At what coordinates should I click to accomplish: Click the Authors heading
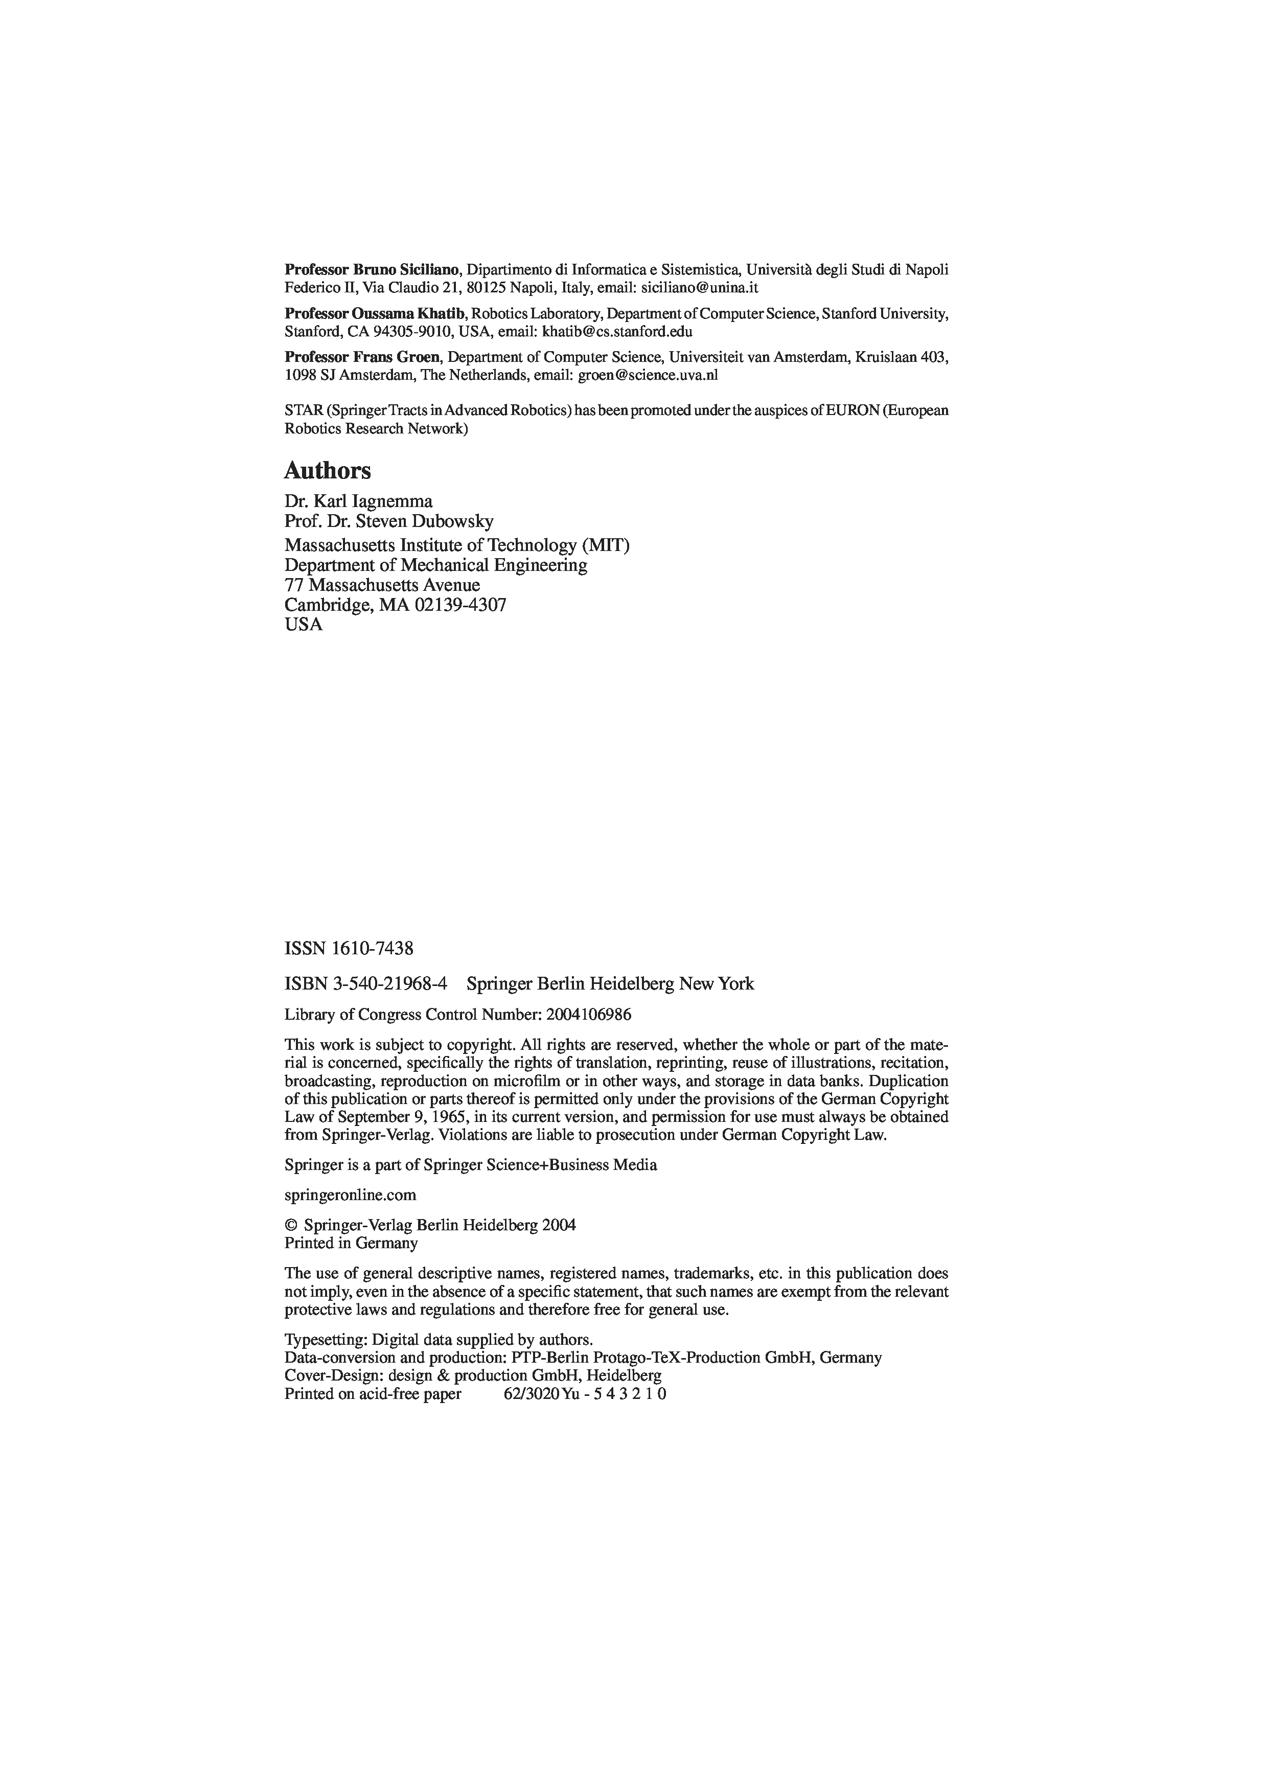(x=327, y=471)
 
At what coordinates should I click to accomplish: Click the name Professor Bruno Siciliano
(x=372, y=270)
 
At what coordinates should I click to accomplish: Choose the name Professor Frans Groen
(x=363, y=357)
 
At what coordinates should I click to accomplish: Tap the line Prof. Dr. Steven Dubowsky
(x=388, y=520)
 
